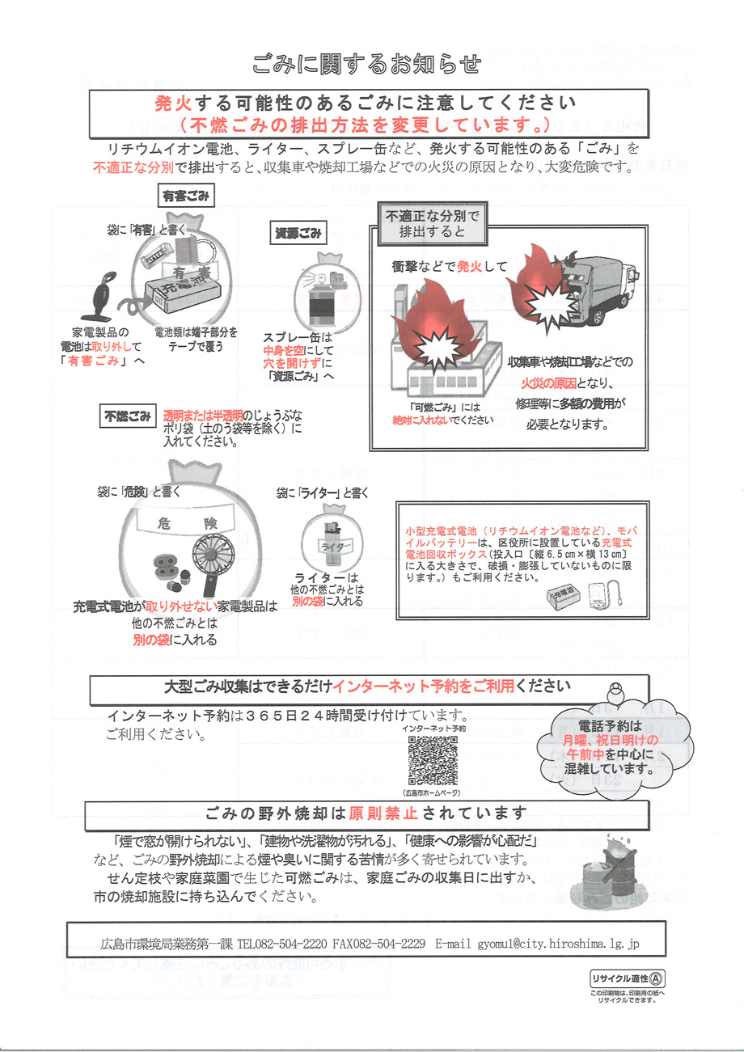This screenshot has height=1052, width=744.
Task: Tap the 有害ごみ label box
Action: click(x=185, y=195)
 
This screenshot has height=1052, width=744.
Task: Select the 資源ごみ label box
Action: click(x=298, y=234)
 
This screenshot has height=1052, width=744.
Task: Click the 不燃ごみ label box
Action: click(x=127, y=417)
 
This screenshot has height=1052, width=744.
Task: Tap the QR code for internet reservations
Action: click(x=433, y=761)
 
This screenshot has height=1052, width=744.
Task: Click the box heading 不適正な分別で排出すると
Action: click(x=432, y=224)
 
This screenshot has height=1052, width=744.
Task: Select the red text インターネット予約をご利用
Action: click(x=424, y=687)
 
